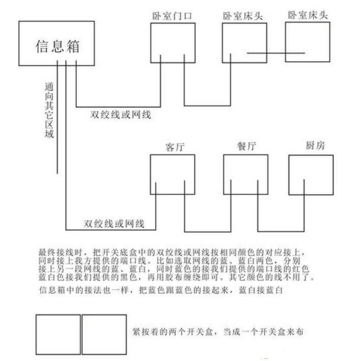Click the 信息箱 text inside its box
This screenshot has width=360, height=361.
coord(57,46)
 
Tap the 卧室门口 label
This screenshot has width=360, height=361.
coord(172,16)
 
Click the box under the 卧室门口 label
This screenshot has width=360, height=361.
coord(173,23)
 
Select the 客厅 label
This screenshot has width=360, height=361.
coord(175,147)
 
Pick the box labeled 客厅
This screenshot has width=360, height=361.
coord(172,155)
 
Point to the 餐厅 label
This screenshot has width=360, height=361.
coord(247,146)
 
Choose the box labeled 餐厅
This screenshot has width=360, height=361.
coord(246,155)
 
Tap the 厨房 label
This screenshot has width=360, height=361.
coord(315,145)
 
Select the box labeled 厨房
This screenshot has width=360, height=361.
coord(311,155)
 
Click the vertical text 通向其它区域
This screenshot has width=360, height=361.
coord(49,110)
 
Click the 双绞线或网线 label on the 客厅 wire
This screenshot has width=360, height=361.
coord(114,224)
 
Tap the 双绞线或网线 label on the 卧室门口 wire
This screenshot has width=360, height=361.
coord(121,115)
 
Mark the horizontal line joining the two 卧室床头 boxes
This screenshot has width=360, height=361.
coord(276,53)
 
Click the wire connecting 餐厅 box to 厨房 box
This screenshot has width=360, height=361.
coord(281,231)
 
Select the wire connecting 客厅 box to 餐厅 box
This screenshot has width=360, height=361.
coord(208,232)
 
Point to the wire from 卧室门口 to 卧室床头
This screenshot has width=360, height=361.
coord(207,106)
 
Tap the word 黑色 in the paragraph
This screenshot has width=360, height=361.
coord(129,277)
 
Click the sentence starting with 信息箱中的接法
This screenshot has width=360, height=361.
coord(161,290)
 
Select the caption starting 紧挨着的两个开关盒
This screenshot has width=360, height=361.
coord(218,332)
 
